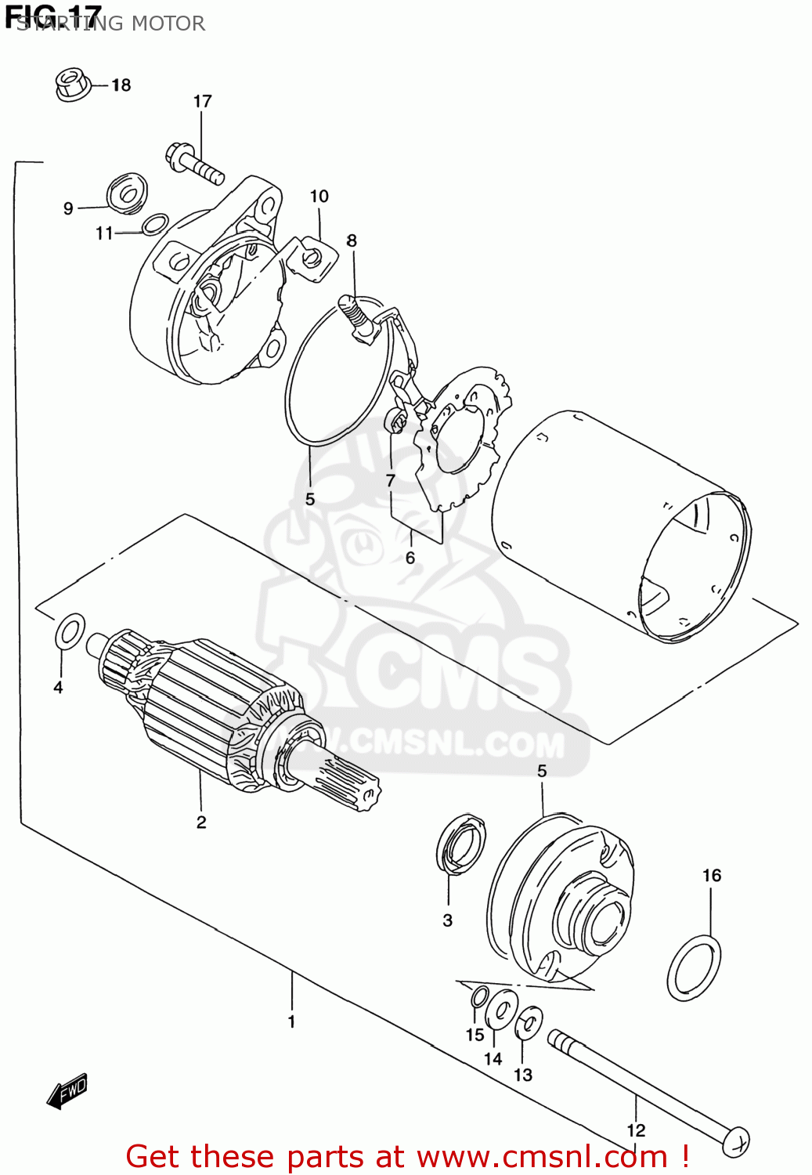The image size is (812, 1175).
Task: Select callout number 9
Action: (68, 208)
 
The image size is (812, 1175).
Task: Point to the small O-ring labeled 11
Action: (154, 224)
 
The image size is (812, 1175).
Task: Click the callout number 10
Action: (319, 197)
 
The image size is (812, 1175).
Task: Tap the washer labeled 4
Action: (70, 632)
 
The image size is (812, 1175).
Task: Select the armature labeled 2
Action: (211, 713)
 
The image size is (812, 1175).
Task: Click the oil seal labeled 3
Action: (460, 843)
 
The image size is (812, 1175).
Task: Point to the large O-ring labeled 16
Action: (695, 968)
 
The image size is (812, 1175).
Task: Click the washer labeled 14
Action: (501, 1010)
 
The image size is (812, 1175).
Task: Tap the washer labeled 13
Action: (529, 1023)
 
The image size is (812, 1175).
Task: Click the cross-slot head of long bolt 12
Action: (737, 1141)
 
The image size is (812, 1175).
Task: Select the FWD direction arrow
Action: (67, 1090)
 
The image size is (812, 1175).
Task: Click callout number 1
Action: (291, 1021)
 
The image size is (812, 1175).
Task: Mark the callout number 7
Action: (390, 480)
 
